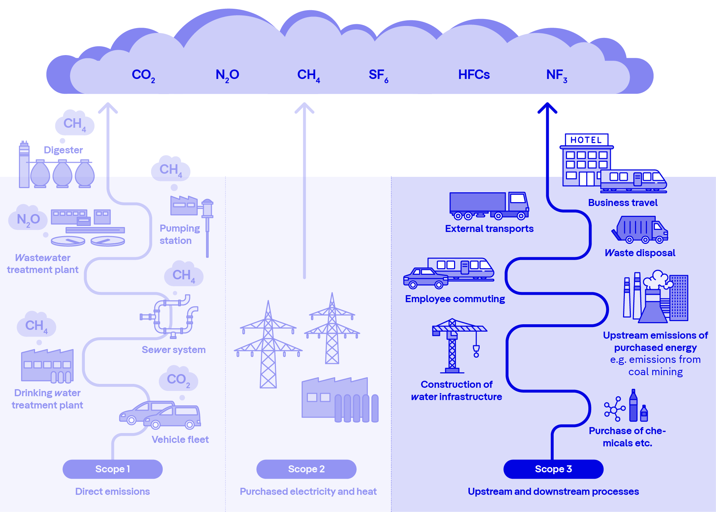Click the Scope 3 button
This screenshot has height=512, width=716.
(x=553, y=469)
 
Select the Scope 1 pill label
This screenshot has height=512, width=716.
(x=113, y=469)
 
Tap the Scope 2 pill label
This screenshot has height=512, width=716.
(x=306, y=469)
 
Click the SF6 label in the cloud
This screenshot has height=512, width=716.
(x=378, y=75)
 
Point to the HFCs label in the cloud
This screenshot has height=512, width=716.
(x=474, y=75)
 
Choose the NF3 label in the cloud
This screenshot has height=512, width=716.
(x=556, y=75)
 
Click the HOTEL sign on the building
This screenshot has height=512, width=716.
(x=586, y=140)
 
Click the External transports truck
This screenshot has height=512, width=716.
(x=489, y=205)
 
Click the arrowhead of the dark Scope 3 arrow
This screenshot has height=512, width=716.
(x=547, y=107)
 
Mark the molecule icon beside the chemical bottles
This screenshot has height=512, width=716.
(x=615, y=409)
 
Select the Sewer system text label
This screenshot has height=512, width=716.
(x=174, y=350)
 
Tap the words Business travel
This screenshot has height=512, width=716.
(x=623, y=203)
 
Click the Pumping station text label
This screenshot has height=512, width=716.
(x=180, y=234)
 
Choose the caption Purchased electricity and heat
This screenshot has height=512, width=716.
(x=308, y=491)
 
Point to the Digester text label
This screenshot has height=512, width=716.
(x=63, y=150)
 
